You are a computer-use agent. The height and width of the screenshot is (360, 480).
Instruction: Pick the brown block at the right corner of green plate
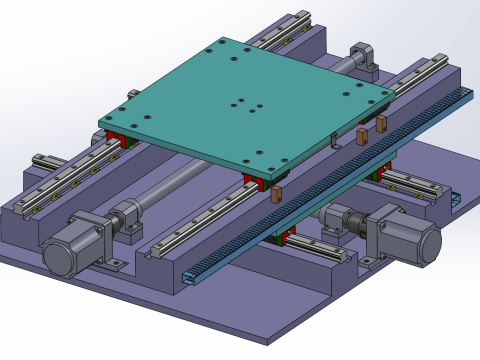(x=381, y=122)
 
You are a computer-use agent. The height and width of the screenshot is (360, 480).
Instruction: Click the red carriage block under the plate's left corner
(x=115, y=138)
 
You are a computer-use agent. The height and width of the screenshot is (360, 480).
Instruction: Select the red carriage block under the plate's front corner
(x=255, y=182)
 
